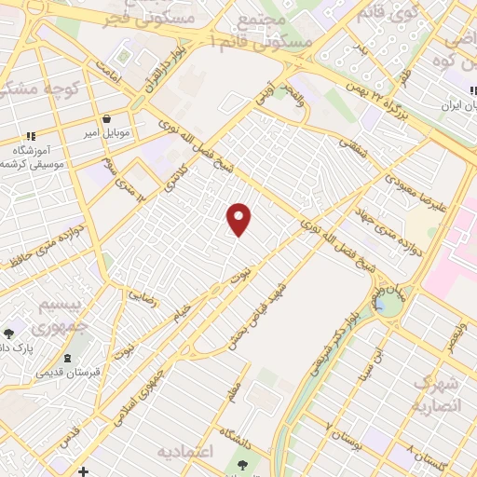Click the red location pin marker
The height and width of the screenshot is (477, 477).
click(x=239, y=218)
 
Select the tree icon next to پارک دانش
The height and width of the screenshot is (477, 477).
click(x=9, y=333)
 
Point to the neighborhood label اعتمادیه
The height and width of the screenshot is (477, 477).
click(x=186, y=452)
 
